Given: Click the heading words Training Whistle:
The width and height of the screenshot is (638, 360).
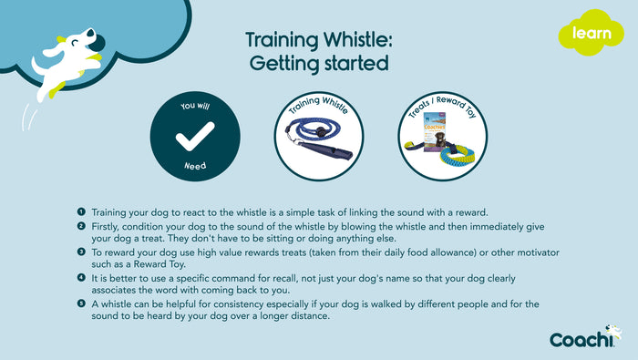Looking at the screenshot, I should pos(316,41).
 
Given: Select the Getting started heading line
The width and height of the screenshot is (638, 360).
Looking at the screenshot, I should pos(316,64).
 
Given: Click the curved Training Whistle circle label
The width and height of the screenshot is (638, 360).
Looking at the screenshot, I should pos(316,108).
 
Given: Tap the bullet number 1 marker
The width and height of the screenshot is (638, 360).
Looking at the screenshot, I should pos(81,211).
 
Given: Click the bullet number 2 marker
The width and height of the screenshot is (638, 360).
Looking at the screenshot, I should pos(81,225).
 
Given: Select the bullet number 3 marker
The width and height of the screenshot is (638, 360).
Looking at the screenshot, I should pos(81,251).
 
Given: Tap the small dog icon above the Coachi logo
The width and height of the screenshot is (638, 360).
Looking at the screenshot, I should pos(613,330).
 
